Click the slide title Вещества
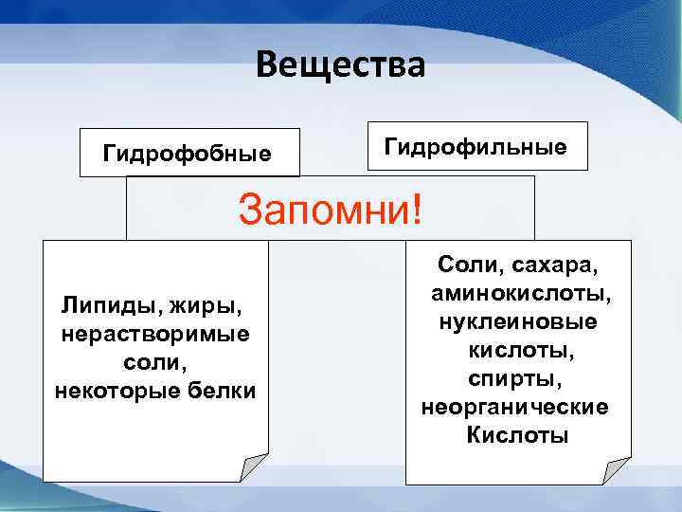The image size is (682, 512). click(340, 65)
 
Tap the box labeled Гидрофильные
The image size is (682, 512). click(476, 146)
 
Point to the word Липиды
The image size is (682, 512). click(102, 306)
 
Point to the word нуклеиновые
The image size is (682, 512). click(517, 321)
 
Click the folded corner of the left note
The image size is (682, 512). click(253, 467)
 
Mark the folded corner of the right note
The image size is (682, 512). click(617, 469)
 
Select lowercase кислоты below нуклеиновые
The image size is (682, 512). click(517, 350)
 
